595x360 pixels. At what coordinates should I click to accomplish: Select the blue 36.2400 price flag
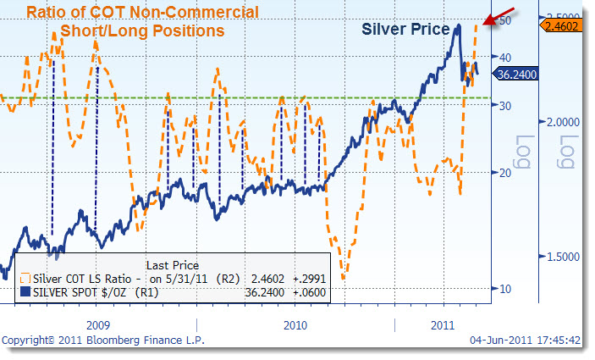pos(516,74)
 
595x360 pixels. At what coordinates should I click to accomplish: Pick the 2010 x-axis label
pos(295,324)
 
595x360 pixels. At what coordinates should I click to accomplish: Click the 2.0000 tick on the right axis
pos(563,121)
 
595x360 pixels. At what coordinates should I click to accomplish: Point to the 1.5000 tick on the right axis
pos(563,257)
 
